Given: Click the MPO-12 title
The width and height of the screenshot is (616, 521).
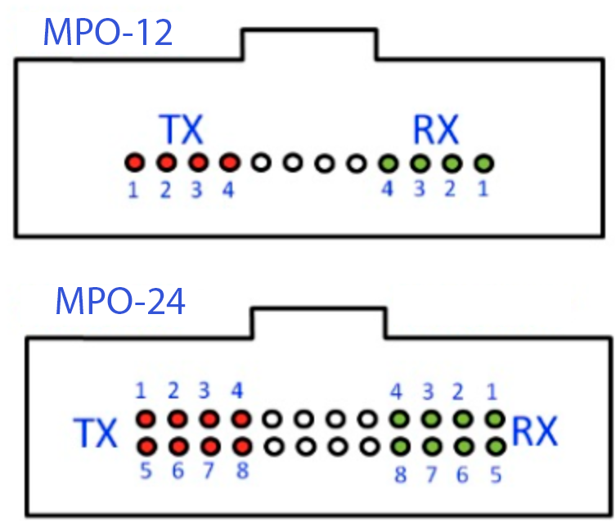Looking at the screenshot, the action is pos(108,32).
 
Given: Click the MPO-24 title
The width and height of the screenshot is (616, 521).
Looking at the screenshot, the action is pos(120,301).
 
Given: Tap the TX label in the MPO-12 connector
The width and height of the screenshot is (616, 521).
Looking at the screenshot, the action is pos(181,129).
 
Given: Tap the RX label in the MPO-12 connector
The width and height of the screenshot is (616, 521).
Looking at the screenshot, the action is pos(436,129).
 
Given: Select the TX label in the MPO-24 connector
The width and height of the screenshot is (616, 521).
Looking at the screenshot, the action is pos(96,433).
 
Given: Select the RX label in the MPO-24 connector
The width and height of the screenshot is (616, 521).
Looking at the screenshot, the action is pos(535,431).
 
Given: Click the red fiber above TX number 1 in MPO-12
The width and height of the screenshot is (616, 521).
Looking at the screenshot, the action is pos(135,162).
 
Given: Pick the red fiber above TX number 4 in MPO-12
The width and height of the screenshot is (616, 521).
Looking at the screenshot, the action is pos(230,162).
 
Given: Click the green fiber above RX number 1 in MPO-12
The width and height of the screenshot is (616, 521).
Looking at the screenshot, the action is pos(484,163).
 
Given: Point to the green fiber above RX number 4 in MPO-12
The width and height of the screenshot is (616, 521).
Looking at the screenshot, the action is pos(389,163).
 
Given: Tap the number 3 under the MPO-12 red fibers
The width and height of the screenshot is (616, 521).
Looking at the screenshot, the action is pos(196,190).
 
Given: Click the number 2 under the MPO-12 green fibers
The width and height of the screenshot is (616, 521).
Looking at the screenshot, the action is pos(450,189).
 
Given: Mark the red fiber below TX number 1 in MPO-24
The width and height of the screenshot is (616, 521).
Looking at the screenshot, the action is pos(146,419).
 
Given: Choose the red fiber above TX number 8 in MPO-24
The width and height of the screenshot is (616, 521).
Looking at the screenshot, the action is pos(242,447).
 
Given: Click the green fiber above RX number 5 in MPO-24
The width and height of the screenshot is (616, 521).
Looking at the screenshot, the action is pos(496,447).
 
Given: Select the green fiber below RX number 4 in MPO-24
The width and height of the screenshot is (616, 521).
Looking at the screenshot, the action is pos(400,419).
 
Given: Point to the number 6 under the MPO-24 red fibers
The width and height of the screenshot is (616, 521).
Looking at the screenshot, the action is pos(178,470).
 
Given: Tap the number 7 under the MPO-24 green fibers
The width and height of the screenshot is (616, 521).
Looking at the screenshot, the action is pos(431,474).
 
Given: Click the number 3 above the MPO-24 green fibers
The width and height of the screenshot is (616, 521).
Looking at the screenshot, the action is pos(428,392).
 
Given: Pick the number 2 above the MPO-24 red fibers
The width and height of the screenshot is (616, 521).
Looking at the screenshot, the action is pos(173,391).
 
